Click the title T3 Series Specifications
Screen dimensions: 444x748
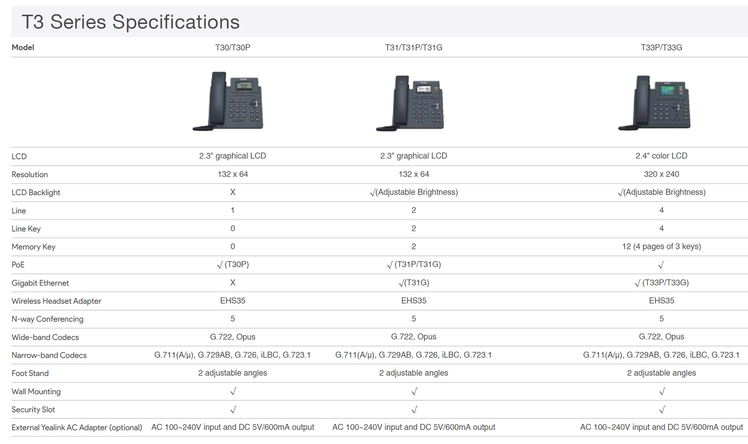130,22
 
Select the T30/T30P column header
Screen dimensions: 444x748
232,48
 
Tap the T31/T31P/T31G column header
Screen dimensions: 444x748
413,48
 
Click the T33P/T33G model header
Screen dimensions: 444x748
661,48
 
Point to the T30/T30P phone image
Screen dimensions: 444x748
229,101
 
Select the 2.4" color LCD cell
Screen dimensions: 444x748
661,156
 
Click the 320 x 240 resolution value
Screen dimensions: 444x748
661,174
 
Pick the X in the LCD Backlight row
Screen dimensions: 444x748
232,192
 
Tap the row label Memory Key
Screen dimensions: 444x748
33,247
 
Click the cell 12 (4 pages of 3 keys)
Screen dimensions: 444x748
661,247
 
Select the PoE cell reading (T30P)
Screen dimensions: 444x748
233,265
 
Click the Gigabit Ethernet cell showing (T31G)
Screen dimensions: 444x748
414,283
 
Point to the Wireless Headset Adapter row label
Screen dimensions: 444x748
56,301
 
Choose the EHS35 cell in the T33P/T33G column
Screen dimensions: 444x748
661,301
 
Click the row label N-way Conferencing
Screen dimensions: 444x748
47,319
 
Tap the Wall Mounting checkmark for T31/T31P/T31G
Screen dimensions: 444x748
414,392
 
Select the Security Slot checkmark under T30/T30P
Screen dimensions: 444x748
233,410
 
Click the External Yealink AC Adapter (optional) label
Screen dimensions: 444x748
77,428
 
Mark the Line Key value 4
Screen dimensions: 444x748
661,229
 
